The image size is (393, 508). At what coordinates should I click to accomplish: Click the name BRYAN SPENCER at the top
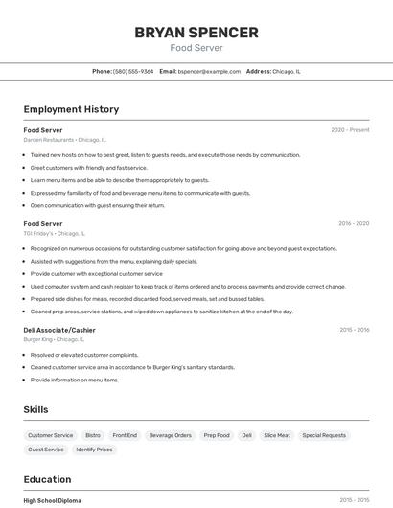tap(196, 33)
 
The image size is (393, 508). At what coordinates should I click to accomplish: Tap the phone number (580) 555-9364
tap(133, 71)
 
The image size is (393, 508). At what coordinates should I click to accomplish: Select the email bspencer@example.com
tap(209, 71)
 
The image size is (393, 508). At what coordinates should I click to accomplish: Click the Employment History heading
tap(71, 110)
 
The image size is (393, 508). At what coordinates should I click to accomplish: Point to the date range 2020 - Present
tap(350, 130)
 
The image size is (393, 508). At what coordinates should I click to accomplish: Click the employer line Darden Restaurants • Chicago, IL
tap(65, 140)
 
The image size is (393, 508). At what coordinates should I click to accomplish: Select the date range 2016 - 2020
tap(353, 223)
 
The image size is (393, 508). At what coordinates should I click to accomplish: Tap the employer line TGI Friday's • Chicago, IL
tap(55, 233)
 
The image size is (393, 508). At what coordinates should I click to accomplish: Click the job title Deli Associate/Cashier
tap(59, 330)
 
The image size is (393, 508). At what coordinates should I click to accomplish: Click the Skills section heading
tap(35, 410)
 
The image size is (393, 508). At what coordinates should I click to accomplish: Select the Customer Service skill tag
tap(50, 435)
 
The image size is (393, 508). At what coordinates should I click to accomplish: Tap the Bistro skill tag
tap(93, 435)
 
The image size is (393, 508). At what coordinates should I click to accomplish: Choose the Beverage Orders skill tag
tap(170, 435)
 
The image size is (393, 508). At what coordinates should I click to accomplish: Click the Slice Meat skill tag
tap(277, 435)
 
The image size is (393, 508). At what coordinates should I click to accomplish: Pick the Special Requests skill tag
tap(324, 435)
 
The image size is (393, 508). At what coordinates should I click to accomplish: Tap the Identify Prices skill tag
tap(94, 450)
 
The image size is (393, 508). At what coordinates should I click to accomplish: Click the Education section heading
tap(47, 479)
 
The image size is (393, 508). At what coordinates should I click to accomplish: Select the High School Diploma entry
tap(53, 500)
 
